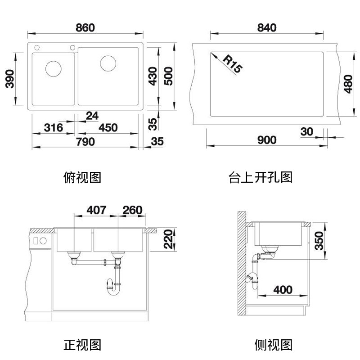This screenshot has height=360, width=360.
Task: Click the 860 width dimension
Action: [85, 27]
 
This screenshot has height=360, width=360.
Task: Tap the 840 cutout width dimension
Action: [267, 27]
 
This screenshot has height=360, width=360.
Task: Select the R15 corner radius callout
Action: [232, 63]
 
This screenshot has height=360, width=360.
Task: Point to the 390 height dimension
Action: [9, 79]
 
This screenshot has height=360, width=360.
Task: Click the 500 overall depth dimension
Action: [168, 76]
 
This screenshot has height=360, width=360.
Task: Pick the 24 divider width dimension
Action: [92, 116]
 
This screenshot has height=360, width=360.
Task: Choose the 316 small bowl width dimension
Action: [53, 128]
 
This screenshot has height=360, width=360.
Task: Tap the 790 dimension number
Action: [85, 142]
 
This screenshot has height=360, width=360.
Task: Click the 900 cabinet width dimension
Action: [267, 140]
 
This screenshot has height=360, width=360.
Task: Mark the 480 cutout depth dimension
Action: [348, 84]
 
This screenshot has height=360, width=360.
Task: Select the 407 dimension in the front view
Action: [96, 210]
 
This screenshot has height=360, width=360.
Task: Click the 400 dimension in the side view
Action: [283, 290]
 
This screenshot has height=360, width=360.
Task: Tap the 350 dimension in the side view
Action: [319, 241]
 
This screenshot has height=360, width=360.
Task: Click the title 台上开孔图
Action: [261, 177]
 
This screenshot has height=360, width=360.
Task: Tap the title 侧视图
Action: [273, 345]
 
